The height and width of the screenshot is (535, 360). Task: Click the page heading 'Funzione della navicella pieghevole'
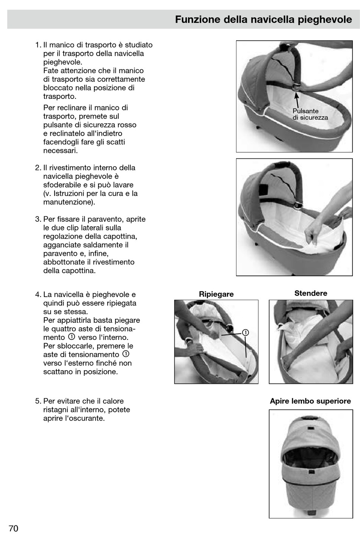click(x=263, y=20)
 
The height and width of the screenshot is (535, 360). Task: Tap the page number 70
click(x=13, y=528)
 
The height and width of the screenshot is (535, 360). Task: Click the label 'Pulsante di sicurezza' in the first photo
click(x=310, y=114)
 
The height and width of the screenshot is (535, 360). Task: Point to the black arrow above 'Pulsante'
click(x=297, y=100)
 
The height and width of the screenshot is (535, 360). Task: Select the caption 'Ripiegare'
click(x=216, y=294)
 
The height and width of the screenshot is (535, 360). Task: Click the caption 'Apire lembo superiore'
click(x=310, y=401)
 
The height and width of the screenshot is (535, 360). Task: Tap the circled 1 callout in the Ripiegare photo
click(x=245, y=332)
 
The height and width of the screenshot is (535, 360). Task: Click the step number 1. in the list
click(x=38, y=45)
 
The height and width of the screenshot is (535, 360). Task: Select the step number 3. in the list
click(x=38, y=219)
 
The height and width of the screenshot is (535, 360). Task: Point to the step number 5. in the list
click(x=38, y=401)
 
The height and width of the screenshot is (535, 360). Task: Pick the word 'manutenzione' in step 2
click(x=67, y=202)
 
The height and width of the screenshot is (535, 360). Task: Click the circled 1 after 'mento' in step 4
click(x=72, y=337)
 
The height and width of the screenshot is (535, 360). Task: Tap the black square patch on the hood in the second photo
click(x=263, y=190)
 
